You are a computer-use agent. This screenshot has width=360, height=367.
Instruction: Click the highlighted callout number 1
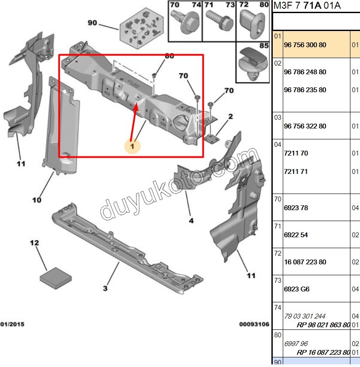tap(132, 146)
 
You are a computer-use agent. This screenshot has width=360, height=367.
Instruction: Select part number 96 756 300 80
tap(305, 45)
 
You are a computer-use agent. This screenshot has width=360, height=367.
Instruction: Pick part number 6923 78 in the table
tap(296, 208)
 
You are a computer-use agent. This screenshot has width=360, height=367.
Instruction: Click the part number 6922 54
tap(296, 235)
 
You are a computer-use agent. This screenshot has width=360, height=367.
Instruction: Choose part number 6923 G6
tap(296, 289)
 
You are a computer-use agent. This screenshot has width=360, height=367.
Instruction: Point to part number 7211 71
tap(296, 172)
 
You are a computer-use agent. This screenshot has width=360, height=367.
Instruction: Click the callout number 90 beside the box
tap(92, 23)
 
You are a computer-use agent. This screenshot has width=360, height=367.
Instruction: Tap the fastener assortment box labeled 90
tap(141, 28)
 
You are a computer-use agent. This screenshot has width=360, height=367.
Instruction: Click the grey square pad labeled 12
tap(56, 278)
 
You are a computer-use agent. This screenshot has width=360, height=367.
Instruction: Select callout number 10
tap(37, 200)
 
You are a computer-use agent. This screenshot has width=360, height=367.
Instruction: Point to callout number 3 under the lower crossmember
tap(105, 288)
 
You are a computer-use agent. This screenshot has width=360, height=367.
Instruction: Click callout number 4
tap(191, 221)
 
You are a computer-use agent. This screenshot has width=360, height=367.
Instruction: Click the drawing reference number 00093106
tap(254, 324)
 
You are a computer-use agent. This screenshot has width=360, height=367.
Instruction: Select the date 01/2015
tap(12, 324)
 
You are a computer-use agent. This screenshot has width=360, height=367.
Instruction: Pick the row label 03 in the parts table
tap(278, 117)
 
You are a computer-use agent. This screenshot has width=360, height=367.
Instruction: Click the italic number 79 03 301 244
tap(305, 316)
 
